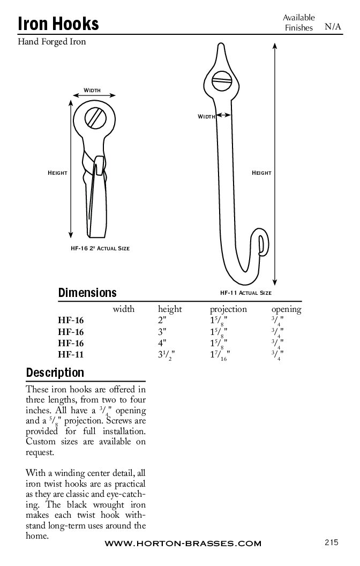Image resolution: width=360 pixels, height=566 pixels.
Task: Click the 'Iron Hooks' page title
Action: [58, 24]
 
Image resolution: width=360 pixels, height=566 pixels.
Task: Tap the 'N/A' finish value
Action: [333, 26]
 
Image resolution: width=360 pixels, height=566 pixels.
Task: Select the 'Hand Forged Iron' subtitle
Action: [52, 41]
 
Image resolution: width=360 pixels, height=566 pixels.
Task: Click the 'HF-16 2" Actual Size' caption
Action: [100, 248]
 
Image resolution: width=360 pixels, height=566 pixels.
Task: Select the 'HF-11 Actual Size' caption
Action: [245, 293]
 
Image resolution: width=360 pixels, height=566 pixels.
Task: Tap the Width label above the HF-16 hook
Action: [92, 90]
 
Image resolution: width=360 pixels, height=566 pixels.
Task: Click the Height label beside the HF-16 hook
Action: [57, 173]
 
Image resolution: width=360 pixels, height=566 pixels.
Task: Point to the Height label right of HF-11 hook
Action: [261, 173]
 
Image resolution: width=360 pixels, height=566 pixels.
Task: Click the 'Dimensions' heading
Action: [87, 293]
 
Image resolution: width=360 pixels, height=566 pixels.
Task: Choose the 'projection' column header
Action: [228, 309]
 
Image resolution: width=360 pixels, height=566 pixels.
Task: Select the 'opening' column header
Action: [286, 309]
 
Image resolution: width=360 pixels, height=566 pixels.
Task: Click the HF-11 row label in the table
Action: [71, 354]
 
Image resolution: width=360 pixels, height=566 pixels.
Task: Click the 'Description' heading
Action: [55, 373]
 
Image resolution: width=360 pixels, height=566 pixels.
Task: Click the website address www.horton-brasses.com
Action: [183, 543]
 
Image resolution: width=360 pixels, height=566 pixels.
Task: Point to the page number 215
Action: [332, 542]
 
